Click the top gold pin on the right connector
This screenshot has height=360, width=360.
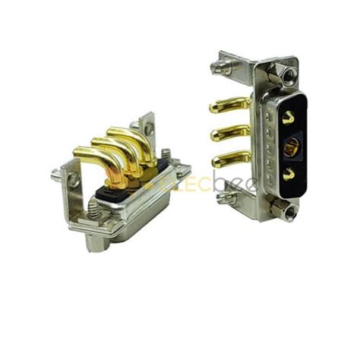point(228,107)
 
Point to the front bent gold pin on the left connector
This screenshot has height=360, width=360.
point(95,163)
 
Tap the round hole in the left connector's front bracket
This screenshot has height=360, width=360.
point(74,181)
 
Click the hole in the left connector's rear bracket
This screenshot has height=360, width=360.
point(148,129)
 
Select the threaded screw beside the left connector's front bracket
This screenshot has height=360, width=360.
point(58,175)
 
